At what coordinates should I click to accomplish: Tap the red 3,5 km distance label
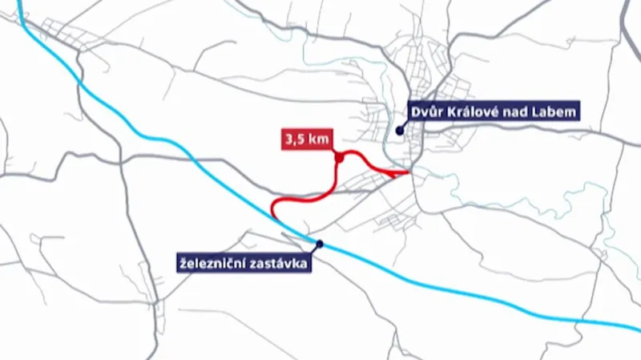coord(305,139)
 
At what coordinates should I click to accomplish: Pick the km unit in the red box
coord(316,139)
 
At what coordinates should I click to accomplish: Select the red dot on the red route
coord(339,159)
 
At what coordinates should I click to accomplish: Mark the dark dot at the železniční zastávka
coord(320,244)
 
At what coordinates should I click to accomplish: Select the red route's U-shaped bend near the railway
coord(275,208)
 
